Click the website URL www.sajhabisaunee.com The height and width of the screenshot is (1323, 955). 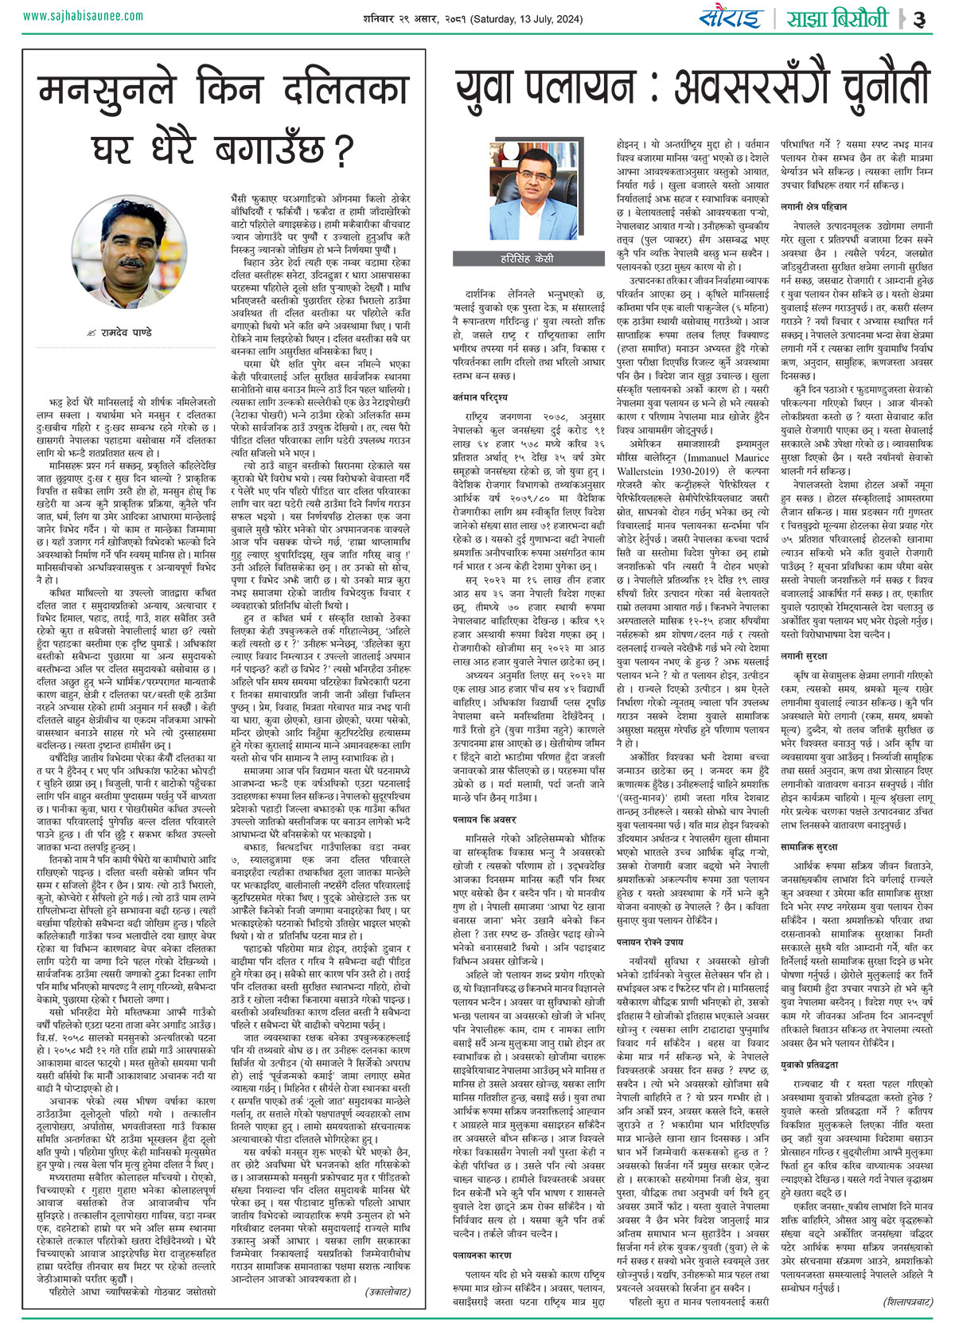coord(84,16)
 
